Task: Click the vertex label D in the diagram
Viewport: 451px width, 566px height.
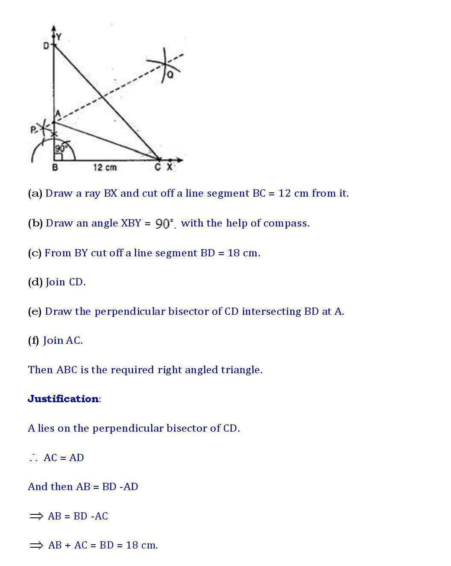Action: (46, 45)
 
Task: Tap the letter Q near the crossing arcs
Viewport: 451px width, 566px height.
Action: (170, 75)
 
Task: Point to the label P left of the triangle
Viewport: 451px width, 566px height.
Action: (33, 130)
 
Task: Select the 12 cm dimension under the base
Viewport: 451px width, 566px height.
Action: (105, 168)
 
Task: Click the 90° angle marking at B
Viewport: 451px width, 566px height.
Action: (61, 148)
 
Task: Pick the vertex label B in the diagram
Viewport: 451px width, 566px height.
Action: (55, 168)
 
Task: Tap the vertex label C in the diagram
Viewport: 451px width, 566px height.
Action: (158, 167)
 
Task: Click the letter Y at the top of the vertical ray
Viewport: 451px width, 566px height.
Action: (59, 37)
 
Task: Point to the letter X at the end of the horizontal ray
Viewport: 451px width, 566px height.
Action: (170, 167)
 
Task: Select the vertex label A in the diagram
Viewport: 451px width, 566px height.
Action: (58, 114)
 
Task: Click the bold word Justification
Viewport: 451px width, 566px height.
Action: (63, 399)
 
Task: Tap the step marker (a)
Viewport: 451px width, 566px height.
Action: (35, 193)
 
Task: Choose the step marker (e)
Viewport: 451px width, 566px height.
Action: (35, 311)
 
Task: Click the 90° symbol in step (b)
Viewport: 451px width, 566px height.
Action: (165, 223)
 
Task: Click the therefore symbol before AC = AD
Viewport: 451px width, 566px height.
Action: (34, 458)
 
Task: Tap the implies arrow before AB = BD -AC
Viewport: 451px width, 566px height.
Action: (36, 516)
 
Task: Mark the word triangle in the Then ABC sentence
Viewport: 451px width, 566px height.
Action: (241, 370)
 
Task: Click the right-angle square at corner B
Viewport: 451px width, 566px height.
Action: (58, 157)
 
